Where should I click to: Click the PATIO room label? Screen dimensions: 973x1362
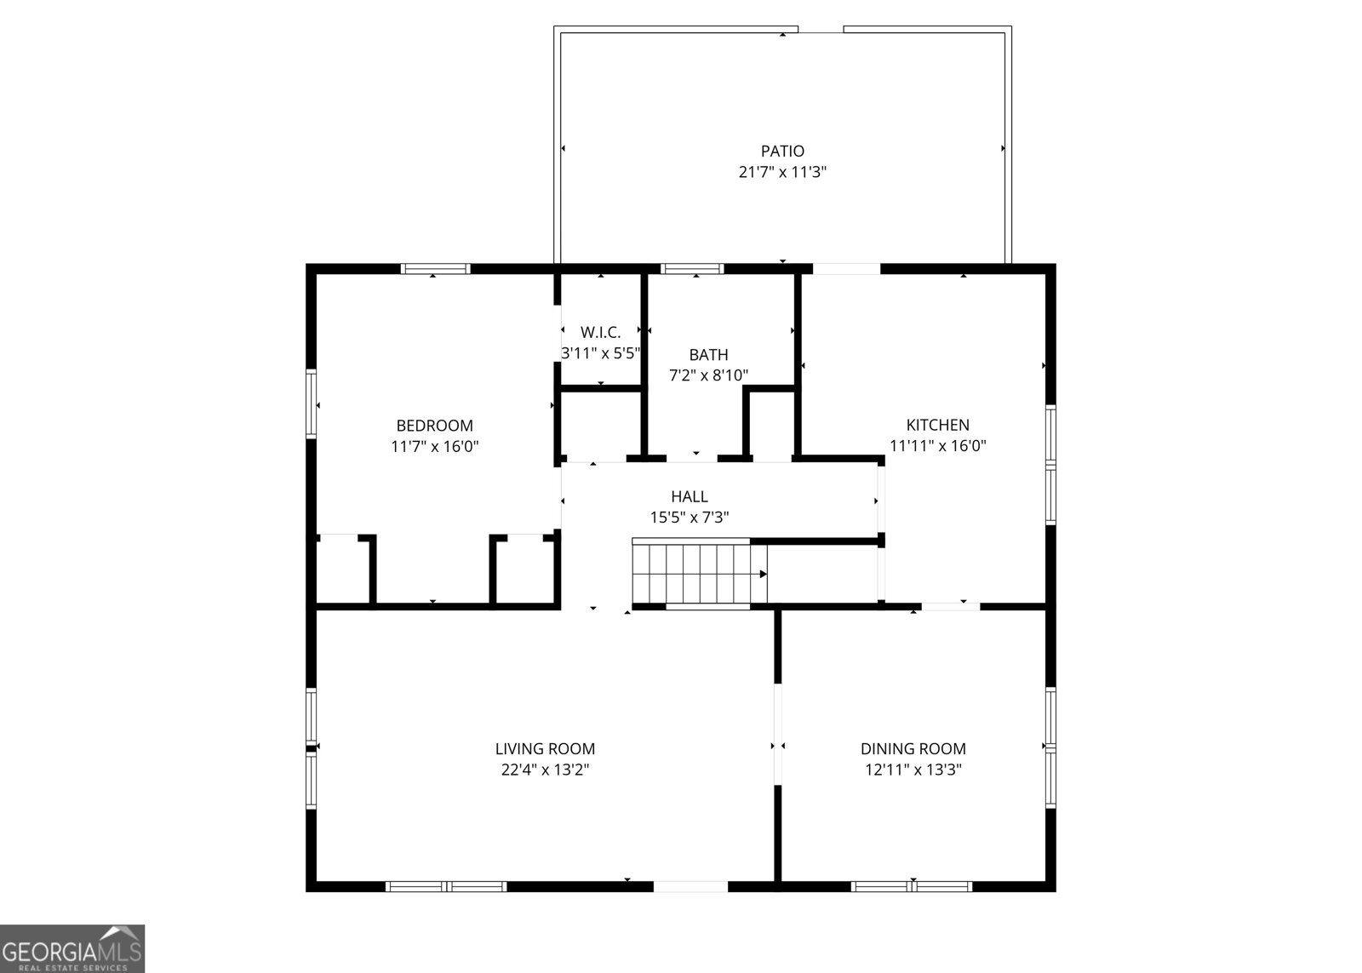(782, 152)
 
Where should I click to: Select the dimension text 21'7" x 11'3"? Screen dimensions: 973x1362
(782, 172)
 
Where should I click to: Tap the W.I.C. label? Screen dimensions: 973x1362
(600, 332)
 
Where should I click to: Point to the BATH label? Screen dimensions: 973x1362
(708, 355)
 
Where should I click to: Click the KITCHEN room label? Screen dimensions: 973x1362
(937, 425)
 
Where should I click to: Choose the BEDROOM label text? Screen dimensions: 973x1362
(434, 426)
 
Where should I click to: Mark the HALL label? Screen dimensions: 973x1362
(689, 496)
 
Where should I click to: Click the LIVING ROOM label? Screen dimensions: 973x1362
(545, 749)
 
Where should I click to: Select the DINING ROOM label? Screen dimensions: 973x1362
(913, 749)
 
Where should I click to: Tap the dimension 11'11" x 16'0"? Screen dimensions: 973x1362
(937, 445)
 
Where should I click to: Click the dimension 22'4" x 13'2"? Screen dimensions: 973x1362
(545, 770)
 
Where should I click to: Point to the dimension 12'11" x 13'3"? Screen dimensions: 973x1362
(913, 770)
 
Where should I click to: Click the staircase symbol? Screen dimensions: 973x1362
(699, 571)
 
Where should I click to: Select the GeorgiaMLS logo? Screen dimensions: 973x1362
(72, 947)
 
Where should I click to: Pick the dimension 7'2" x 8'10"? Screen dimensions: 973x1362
(708, 375)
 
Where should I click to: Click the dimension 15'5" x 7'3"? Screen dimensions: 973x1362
(689, 517)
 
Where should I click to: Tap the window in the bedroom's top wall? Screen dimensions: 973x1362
(435, 269)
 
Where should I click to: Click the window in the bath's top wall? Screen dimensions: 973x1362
(693, 269)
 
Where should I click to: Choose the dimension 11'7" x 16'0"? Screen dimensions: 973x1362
(434, 446)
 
